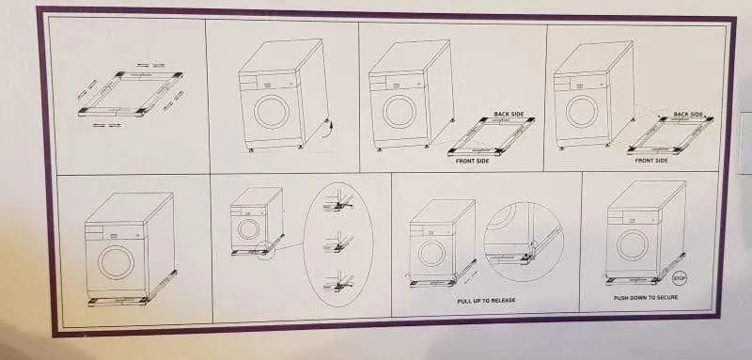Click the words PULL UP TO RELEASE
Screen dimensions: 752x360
point(486,301)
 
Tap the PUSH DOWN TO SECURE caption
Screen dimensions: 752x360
point(646,298)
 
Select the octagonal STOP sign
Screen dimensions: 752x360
point(680,277)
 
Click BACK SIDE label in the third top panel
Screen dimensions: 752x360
point(509,114)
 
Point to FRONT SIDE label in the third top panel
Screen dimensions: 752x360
point(473,161)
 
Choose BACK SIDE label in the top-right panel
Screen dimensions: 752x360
point(688,115)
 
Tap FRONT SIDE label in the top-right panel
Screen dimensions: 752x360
point(651,161)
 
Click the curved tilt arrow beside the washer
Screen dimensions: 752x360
point(330,128)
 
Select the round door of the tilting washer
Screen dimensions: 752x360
point(272,112)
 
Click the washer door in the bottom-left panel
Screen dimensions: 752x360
point(116,262)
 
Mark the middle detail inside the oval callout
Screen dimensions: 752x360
point(339,244)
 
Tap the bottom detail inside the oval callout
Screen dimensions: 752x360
point(339,283)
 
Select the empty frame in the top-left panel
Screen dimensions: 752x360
point(131,94)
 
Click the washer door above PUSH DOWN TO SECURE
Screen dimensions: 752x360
point(633,245)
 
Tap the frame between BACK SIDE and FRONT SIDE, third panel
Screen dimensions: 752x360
point(492,136)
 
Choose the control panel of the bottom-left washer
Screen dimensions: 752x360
point(115,231)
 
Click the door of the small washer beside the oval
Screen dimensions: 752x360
point(248,229)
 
